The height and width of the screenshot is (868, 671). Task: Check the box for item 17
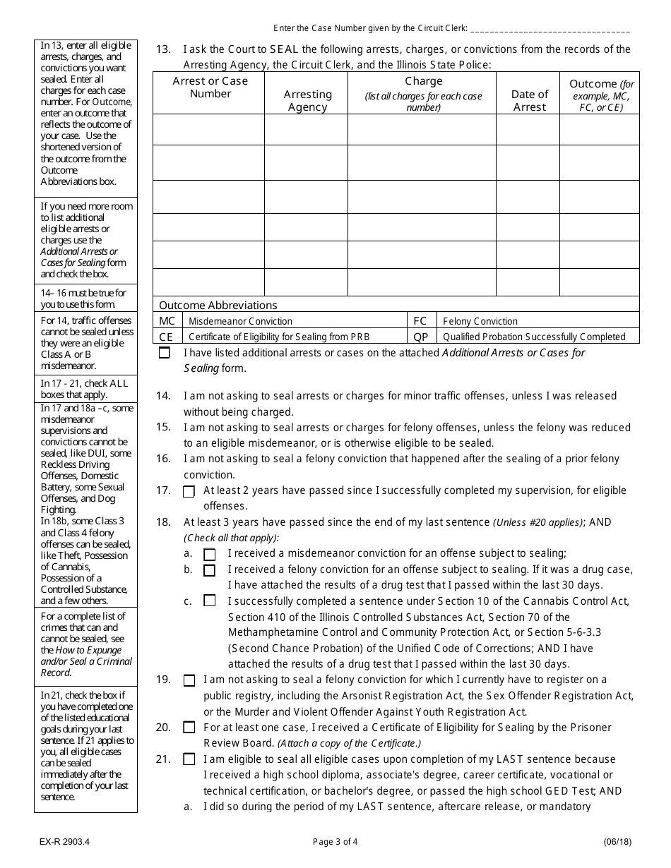pos(189,492)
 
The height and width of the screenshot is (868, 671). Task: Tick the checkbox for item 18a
pos(210,555)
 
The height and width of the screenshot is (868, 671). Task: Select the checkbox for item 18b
pos(210,570)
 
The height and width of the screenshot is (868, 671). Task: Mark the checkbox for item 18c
pos(210,601)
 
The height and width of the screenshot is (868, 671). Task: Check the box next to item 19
pos(189,680)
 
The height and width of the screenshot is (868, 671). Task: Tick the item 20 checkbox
pos(189,728)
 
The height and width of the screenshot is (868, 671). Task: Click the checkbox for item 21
pos(189,759)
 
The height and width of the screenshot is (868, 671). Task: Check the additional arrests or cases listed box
pos(165,353)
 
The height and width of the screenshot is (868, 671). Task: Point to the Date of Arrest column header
pos(529,100)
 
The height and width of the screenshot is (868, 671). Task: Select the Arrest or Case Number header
pos(210,87)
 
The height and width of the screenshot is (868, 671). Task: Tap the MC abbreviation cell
pos(167,321)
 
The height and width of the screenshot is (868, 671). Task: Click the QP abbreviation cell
pos(421,337)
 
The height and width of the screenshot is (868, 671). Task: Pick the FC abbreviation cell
pos(421,321)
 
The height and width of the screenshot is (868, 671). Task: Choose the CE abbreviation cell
pos(167,337)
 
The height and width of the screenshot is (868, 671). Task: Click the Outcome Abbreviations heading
pos(218,305)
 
